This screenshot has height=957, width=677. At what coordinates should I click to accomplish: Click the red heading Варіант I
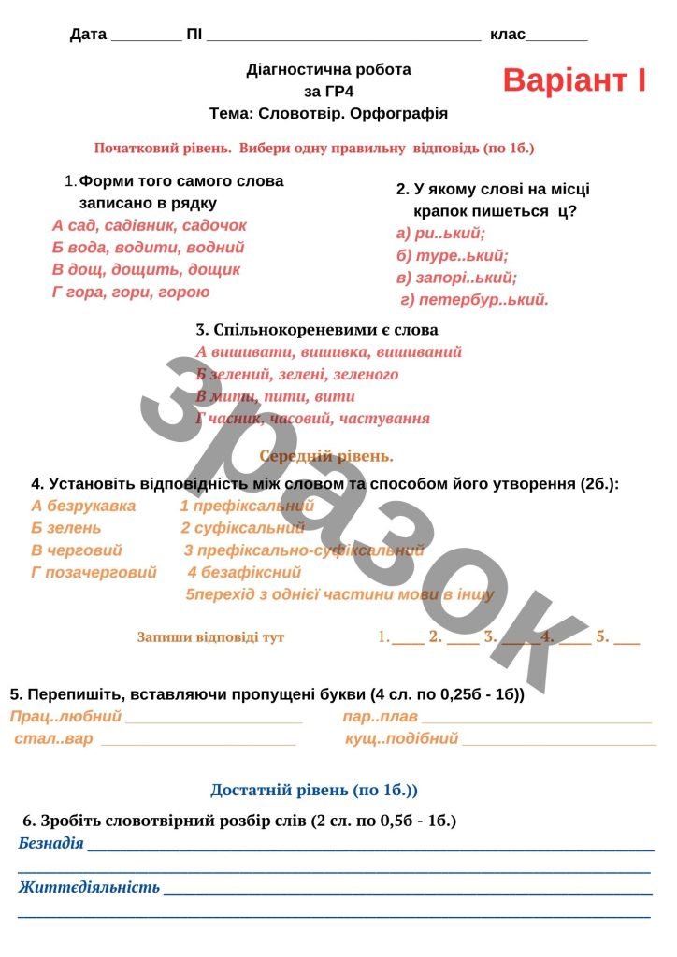click(x=574, y=80)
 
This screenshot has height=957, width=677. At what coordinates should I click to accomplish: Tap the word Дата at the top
click(x=88, y=35)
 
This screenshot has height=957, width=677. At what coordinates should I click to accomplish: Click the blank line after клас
click(x=557, y=37)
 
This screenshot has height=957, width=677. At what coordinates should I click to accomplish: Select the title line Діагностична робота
click(x=328, y=69)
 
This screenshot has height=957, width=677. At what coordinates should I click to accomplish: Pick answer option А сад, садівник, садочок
click(x=150, y=225)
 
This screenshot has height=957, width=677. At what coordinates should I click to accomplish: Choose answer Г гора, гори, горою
click(x=131, y=292)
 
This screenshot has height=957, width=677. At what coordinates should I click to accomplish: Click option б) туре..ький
click(x=453, y=255)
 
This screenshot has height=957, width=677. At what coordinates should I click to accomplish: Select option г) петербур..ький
click(x=474, y=300)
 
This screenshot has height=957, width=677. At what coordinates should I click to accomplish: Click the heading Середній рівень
click(x=326, y=456)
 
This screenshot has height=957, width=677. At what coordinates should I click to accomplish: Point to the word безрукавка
click(x=92, y=506)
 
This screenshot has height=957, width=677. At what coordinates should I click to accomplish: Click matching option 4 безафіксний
click(x=244, y=572)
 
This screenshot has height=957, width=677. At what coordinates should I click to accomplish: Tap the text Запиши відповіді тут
click(x=210, y=637)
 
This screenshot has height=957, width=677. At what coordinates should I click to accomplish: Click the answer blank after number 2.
click(x=463, y=640)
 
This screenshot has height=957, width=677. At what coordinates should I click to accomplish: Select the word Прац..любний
click(x=66, y=717)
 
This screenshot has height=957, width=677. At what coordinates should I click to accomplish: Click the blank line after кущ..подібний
click(x=559, y=741)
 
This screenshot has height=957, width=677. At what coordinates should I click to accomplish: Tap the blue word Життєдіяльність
click(x=89, y=887)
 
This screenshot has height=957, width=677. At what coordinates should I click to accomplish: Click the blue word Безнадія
click(x=51, y=844)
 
